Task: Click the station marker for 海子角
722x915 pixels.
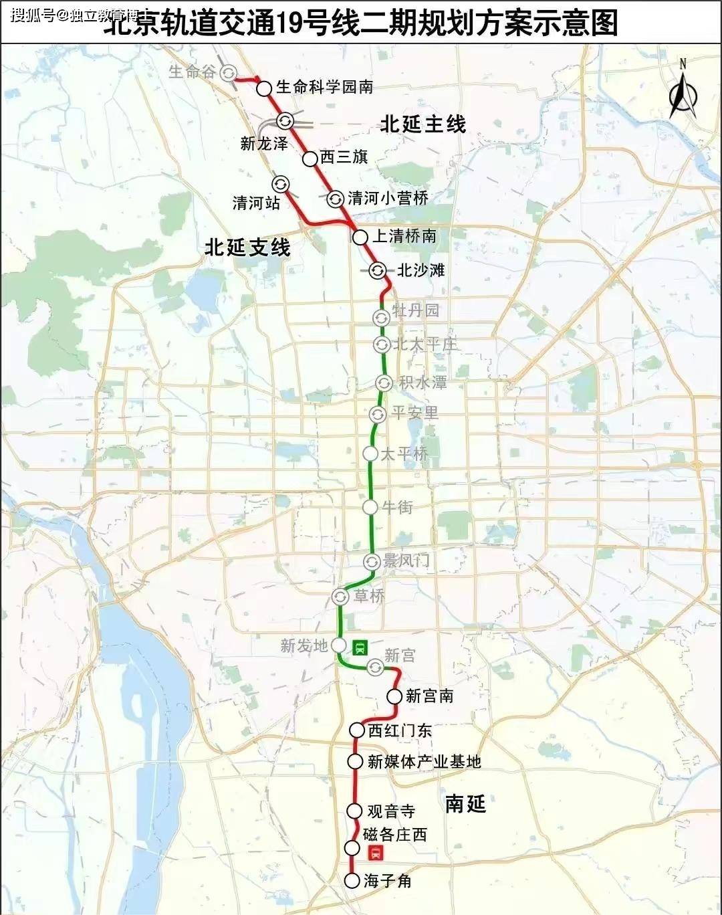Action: coord(352,880)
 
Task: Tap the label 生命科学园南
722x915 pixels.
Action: coord(324,87)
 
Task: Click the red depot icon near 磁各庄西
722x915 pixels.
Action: coord(375,853)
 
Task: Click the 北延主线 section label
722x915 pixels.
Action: coord(423,124)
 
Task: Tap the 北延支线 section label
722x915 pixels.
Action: coord(247,247)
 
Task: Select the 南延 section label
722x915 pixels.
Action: coord(465,803)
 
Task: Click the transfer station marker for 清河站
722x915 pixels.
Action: coord(280,184)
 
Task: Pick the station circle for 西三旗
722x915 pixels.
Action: coord(310,159)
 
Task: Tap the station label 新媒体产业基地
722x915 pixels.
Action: coord(424,761)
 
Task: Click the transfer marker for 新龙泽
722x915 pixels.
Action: coord(285,121)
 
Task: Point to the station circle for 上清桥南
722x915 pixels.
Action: coord(360,237)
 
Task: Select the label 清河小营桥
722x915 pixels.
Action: coord(388,198)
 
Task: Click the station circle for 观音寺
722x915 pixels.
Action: coord(354,811)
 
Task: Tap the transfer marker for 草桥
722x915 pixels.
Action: coord(340,596)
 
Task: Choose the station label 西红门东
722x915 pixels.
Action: coord(400,730)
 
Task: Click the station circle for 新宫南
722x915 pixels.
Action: coord(394,696)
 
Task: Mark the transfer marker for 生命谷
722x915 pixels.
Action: coord(229,73)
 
